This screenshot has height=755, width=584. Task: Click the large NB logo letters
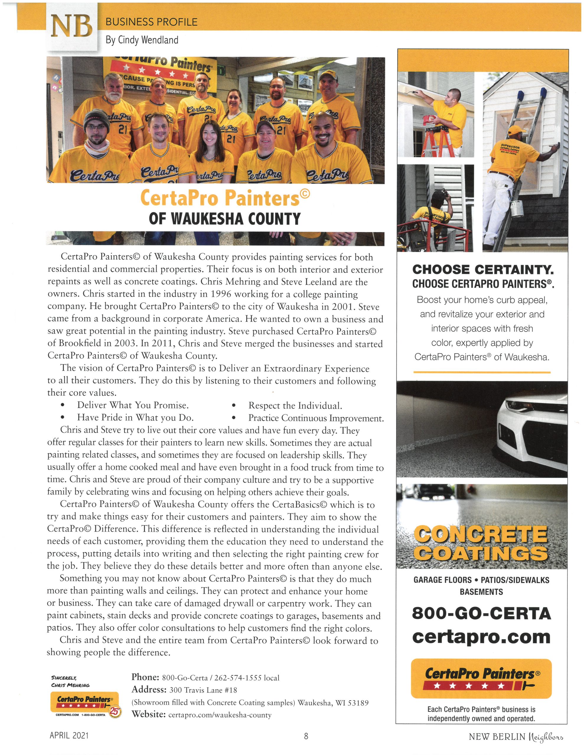(72, 27)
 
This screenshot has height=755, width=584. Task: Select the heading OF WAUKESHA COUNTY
(225, 219)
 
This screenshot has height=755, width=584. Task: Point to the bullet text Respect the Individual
(295, 406)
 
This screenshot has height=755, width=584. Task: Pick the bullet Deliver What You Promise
(133, 405)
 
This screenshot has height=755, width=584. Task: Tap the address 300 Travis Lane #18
(203, 690)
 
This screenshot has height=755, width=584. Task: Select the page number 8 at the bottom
(306, 736)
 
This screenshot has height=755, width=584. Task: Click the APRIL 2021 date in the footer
(69, 735)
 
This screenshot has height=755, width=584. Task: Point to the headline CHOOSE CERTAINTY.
(483, 269)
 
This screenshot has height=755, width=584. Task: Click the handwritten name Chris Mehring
(70, 685)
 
